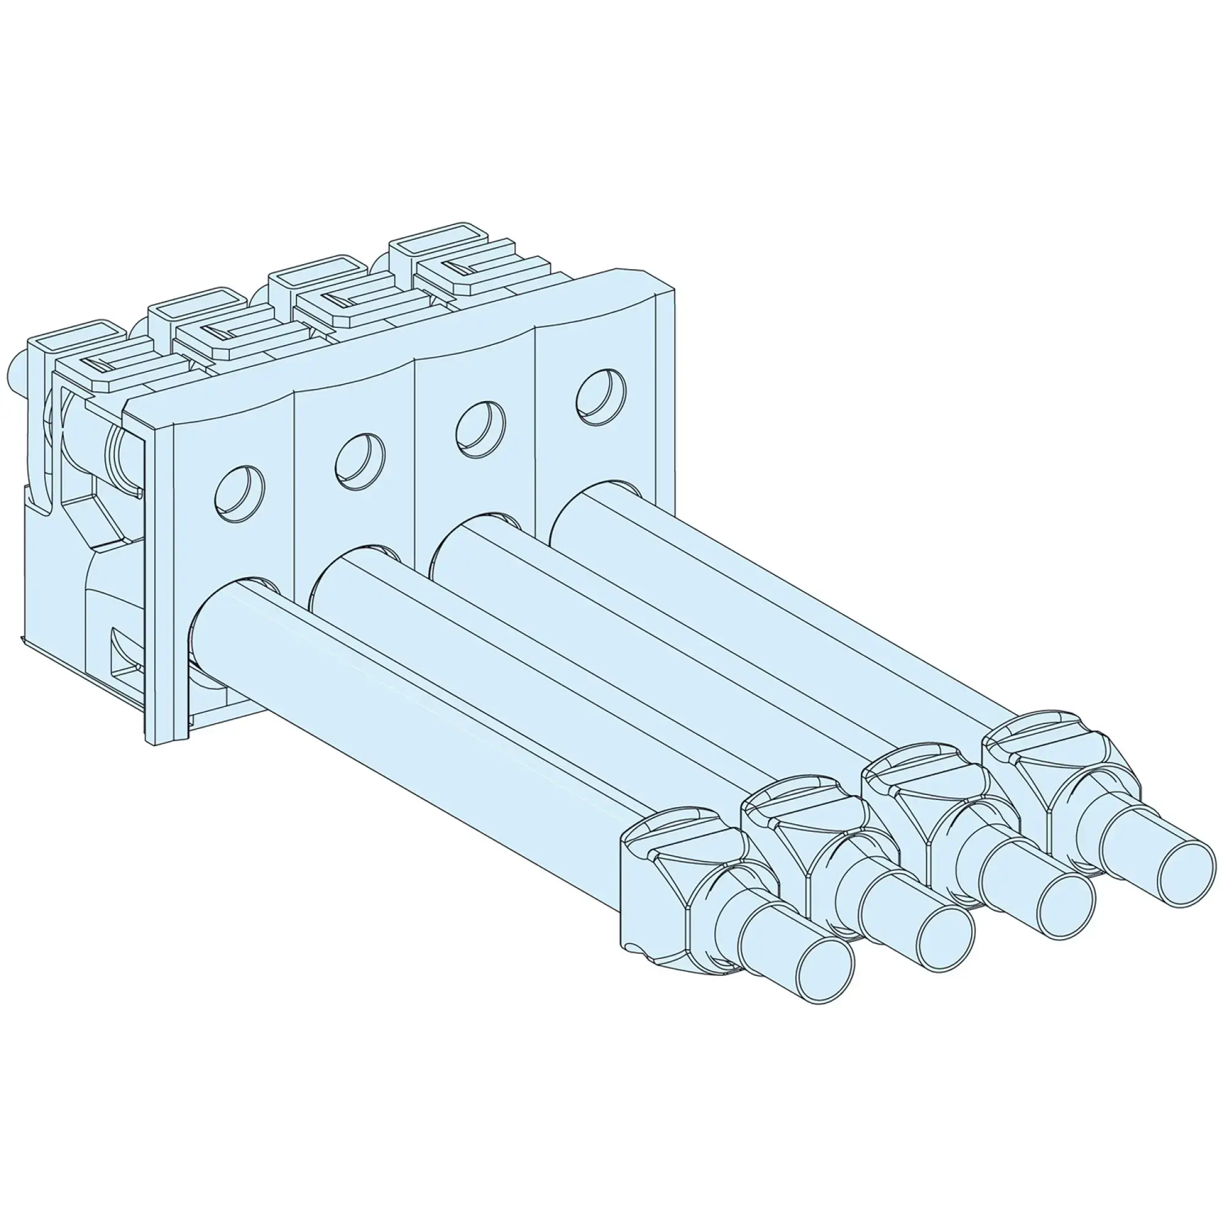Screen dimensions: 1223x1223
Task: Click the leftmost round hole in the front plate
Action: (238, 493)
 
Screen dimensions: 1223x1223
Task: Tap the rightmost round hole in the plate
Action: (600, 394)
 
